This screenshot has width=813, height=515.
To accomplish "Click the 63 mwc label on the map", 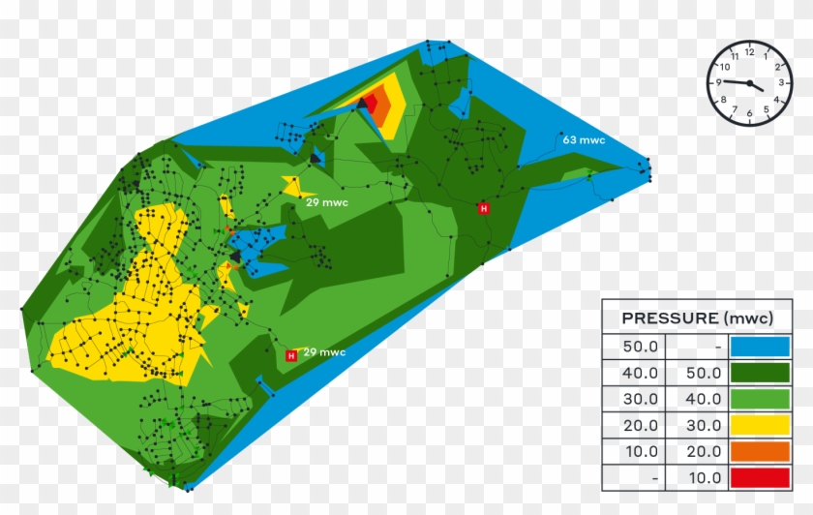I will click(584, 140).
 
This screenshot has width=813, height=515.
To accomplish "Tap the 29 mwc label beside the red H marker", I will click(324, 352).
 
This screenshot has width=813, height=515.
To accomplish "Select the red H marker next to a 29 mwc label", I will click(290, 356).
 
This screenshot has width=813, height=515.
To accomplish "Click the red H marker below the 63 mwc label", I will click(483, 207).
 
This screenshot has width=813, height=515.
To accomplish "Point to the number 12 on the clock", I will click(749, 52).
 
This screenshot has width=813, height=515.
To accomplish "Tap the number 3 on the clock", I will click(780, 83).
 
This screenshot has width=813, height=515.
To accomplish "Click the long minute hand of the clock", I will click(736, 82).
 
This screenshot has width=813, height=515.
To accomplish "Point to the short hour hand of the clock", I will click(756, 87).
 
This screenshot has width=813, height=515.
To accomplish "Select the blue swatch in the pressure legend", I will click(761, 346).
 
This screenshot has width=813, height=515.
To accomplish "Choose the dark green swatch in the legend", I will click(761, 372).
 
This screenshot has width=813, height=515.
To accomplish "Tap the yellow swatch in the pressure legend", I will click(761, 424).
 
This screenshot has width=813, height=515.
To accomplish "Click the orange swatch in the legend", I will click(761, 450).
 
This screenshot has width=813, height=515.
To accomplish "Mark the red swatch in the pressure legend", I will click(761, 476).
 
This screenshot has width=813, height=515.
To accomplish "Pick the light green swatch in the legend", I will click(761, 398).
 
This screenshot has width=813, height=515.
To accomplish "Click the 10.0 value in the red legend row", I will click(703, 477).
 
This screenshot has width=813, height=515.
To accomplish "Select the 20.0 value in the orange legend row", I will click(703, 451).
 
